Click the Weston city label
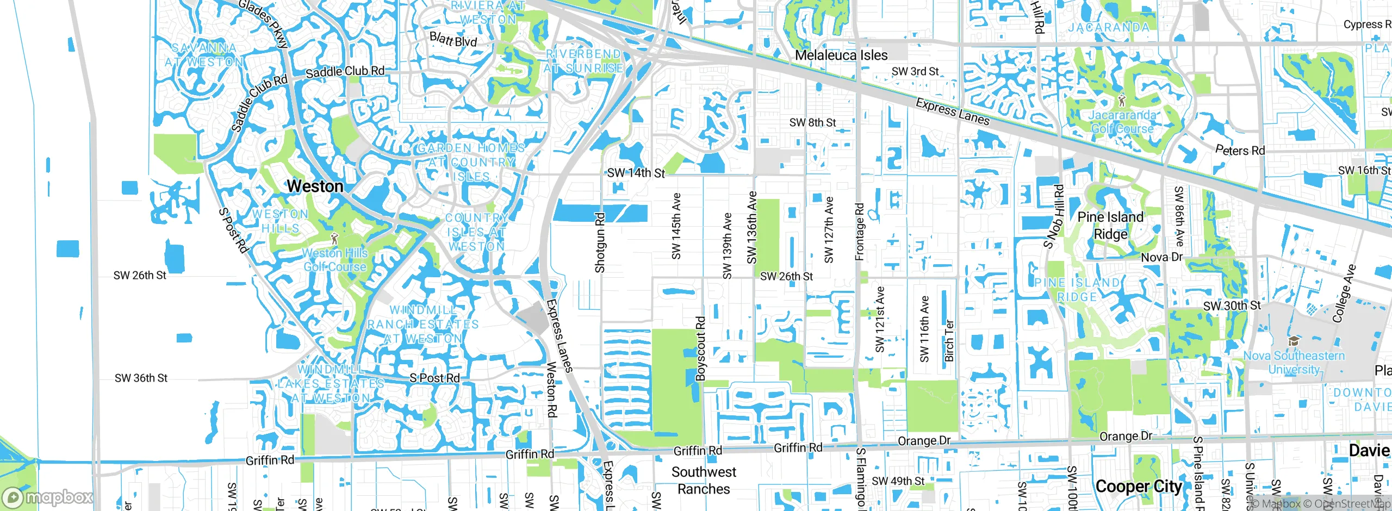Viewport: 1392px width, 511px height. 315,186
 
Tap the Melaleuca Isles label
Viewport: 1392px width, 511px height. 841,55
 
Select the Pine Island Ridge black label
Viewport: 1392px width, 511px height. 1110,226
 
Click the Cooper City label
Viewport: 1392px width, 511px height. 1139,487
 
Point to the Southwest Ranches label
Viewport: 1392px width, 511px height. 704,481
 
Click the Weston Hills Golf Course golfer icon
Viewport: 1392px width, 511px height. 334,239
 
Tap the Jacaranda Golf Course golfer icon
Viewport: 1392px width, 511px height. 1122,101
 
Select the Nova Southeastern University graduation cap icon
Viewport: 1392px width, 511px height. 1294,341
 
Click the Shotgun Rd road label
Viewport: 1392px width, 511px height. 600,242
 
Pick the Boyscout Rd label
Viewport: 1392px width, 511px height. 701,348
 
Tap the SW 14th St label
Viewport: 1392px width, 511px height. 636,173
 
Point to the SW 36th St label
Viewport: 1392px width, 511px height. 141,378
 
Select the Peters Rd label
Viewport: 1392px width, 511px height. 1240,150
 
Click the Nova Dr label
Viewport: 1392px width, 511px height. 1161,257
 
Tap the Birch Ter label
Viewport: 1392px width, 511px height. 949,341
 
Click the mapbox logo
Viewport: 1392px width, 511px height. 48,497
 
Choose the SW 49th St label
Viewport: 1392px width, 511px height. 898,481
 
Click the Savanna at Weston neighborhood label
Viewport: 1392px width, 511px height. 204,55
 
